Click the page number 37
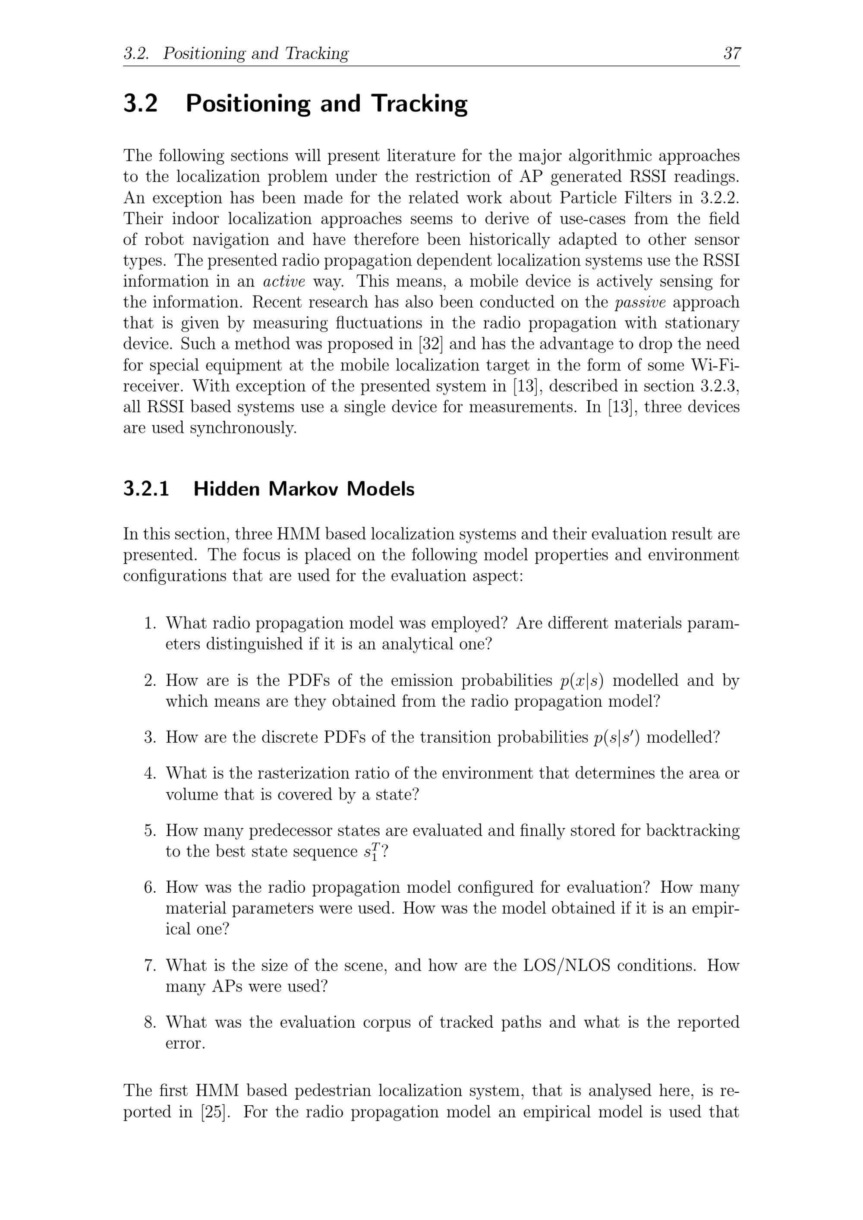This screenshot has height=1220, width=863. (732, 53)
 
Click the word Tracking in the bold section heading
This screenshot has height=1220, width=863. (419, 103)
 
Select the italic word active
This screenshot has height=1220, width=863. (284, 281)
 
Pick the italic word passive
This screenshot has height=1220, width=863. (639, 302)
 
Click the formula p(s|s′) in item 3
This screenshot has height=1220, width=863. (616, 737)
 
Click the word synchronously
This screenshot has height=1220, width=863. (243, 428)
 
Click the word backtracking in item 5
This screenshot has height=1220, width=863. (692, 830)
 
